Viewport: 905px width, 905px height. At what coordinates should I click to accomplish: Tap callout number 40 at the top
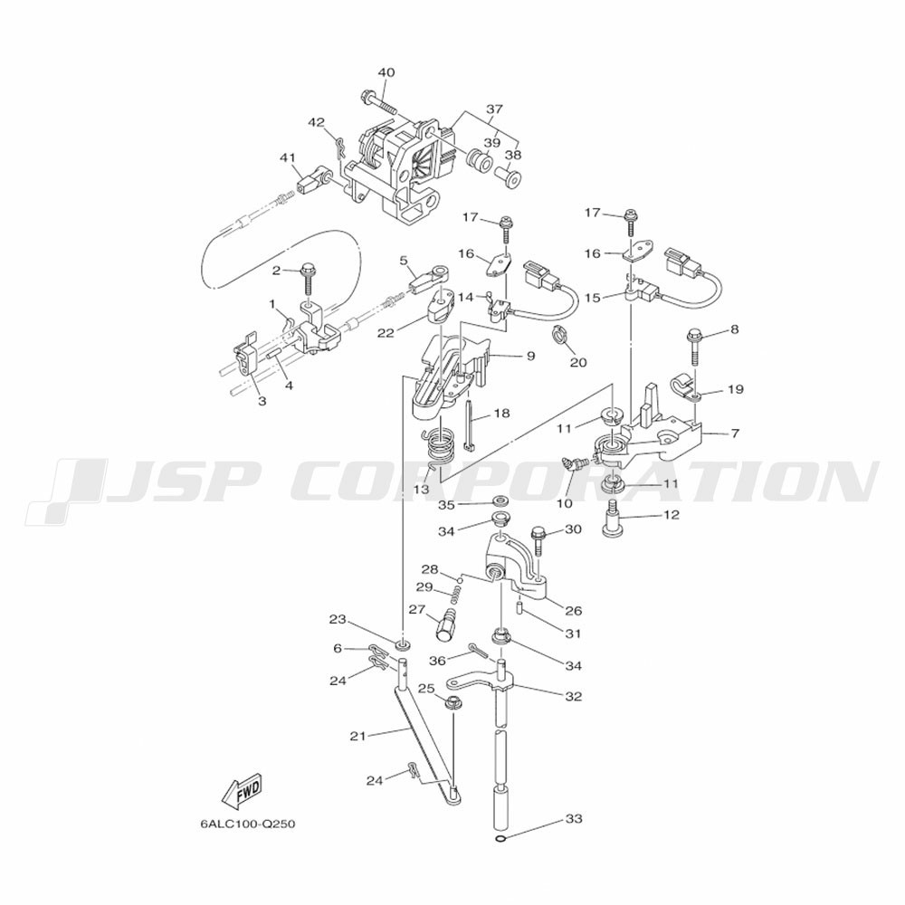[386, 72]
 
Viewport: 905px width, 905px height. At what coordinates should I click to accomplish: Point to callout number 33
[574, 818]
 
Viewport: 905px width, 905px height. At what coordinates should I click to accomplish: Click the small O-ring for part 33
[501, 840]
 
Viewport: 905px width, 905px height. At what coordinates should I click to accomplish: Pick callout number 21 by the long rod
[357, 736]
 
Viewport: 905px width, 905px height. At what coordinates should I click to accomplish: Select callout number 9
[530, 356]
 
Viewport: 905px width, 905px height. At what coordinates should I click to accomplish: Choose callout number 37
[494, 110]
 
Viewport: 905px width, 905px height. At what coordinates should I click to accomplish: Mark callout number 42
[316, 122]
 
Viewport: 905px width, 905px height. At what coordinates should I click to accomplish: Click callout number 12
[672, 514]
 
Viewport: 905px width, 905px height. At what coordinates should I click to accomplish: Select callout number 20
[578, 363]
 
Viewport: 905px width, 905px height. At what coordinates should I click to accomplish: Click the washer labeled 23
[403, 643]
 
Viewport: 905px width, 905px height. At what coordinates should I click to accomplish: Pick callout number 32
[573, 696]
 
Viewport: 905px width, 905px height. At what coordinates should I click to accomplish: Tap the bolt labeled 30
[538, 540]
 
